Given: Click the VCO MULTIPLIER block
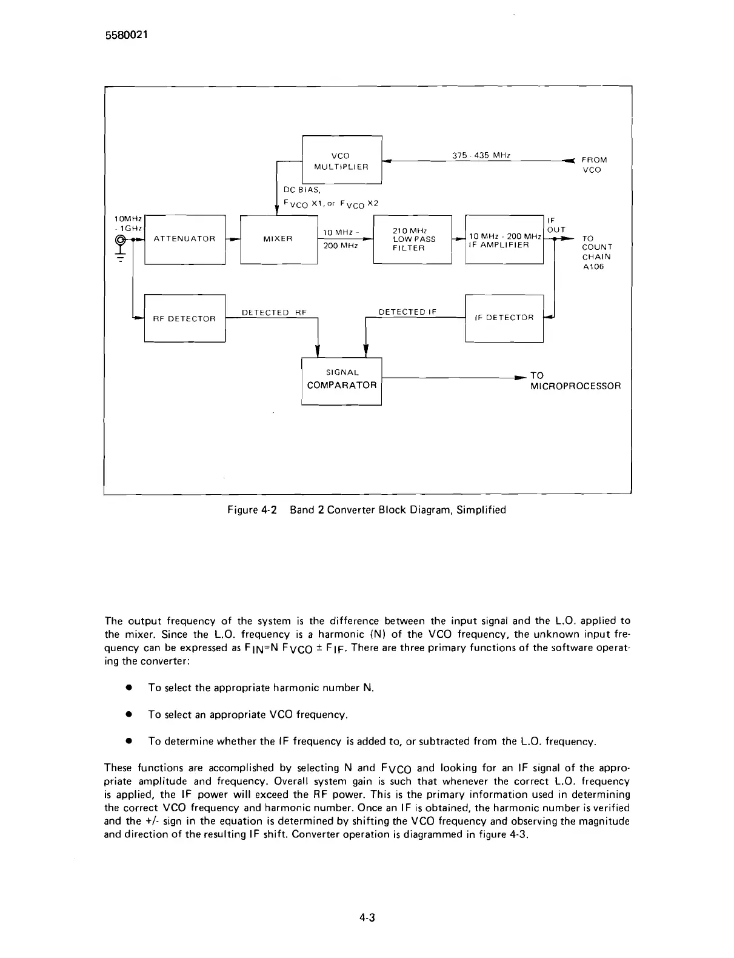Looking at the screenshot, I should coord(341,161).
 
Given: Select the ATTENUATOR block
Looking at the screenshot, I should coord(185,239).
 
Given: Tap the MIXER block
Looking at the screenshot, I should coord(278,239).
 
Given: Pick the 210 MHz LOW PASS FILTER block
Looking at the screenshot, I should coord(413,239).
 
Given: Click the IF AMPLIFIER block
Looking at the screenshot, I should coord(504,240).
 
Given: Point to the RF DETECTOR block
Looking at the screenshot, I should coord(184,318).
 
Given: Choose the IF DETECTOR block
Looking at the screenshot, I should coord(504,318).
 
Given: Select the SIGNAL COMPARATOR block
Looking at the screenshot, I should coord(342,380).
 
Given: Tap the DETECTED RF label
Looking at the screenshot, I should coord(274,312).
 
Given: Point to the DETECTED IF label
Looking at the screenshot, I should coord(407,312).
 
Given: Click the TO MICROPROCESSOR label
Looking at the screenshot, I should coord(575,381).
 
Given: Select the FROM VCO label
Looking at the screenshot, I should coord(593,164).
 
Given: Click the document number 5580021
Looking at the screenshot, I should coord(123,35).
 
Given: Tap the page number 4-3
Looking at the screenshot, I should coord(367,917).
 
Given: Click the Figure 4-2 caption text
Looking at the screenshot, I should coord(366,510).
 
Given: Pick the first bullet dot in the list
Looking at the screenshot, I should coord(128,688).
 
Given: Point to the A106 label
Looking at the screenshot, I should coord(593,267).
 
